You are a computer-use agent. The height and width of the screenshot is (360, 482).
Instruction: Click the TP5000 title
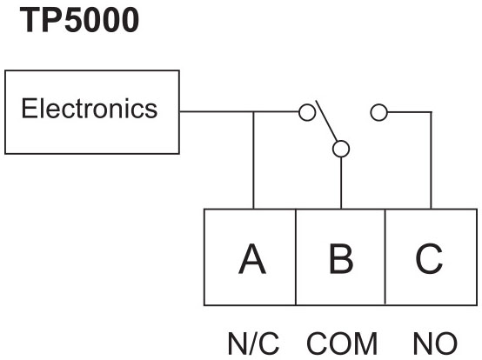pos(79,20)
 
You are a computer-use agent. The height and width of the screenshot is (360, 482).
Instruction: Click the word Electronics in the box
pos(89,109)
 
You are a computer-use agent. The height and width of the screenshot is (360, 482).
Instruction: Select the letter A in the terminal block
pos(252,258)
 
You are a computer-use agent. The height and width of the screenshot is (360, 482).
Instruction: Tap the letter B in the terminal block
pos(341,258)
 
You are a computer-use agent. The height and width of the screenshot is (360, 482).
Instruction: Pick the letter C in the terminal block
pos(429,258)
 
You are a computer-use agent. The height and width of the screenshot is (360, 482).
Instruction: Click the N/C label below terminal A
pos(253,343)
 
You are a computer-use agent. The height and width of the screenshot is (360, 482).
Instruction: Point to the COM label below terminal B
pos(342,343)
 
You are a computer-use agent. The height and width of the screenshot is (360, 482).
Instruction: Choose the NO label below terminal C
pos(435,343)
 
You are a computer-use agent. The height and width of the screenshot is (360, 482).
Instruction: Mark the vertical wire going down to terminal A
pos(253,160)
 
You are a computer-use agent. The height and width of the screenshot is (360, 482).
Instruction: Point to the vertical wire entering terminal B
pos(341,183)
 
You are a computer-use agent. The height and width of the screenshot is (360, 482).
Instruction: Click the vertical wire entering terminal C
pos(431,160)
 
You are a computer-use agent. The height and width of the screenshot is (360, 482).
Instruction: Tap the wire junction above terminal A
pos(253,112)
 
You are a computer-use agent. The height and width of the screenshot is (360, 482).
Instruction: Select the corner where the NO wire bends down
pos(431,112)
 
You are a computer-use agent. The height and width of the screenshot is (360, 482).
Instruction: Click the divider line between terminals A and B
pos(296,257)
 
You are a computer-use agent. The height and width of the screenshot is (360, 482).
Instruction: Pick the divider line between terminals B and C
pos(385,257)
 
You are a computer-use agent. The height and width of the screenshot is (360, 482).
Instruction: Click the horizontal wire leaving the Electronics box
pos(239,112)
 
